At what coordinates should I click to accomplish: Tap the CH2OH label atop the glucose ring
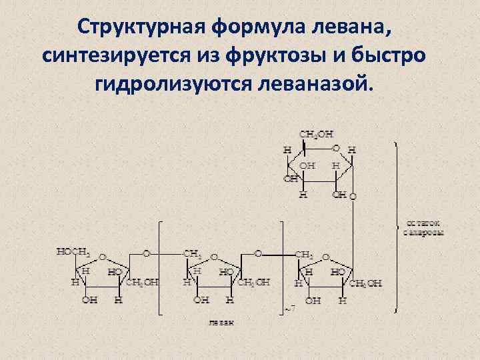click(x=316, y=135)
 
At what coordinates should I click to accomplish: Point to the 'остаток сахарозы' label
click(x=423, y=227)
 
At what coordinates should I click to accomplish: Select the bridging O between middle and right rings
click(x=259, y=253)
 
